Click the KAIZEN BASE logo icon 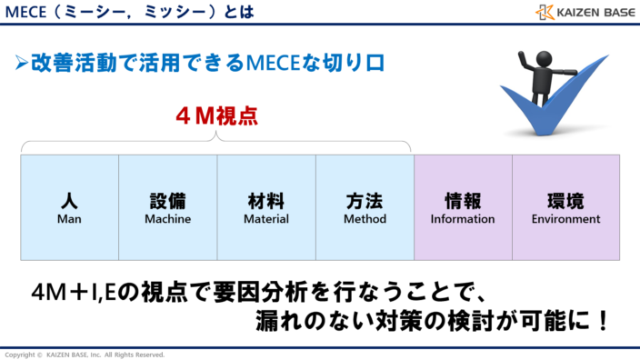click(545, 13)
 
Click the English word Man click(70, 219)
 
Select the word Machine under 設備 click(168, 219)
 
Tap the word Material click(266, 219)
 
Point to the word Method click(365, 219)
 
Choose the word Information click(463, 219)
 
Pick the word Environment click(565, 219)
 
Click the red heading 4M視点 click(216, 116)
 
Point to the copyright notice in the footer click(85, 355)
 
